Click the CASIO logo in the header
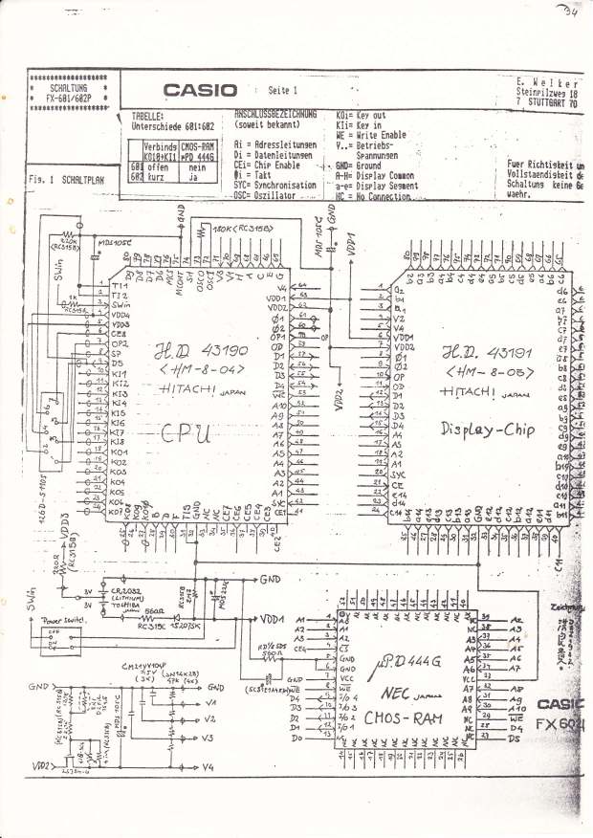pos(200,90)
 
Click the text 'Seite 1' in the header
pos(284,90)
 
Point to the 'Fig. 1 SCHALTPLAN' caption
pos(66,179)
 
